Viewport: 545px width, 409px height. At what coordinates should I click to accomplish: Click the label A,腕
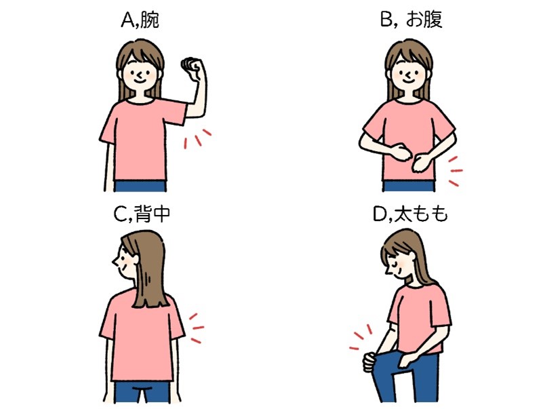[140, 20]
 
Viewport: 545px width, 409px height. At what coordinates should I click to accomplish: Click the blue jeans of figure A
[140, 186]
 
